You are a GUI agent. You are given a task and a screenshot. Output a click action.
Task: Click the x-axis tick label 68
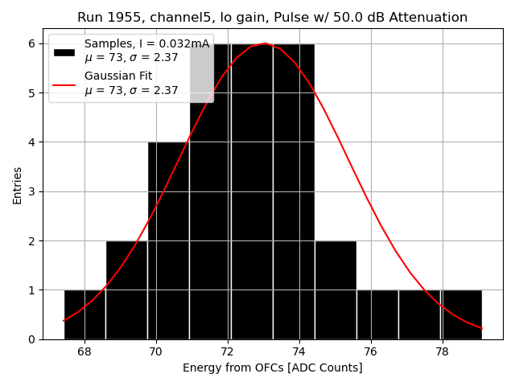click(84, 351)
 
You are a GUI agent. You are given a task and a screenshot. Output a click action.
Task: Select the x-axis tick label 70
click(155, 351)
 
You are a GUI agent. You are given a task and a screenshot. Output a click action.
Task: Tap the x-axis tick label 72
click(227, 351)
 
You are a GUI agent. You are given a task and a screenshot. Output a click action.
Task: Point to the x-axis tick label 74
click(299, 351)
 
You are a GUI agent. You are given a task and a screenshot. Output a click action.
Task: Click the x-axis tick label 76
click(370, 351)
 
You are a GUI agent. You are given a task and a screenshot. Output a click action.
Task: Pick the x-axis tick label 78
click(442, 351)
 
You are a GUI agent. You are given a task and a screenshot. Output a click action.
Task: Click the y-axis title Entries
click(18, 185)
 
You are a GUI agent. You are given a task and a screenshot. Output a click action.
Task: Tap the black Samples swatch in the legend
click(64, 51)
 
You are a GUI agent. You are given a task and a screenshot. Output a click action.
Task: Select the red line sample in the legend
click(64, 84)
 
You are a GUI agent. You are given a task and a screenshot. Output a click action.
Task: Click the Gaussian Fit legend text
click(118, 76)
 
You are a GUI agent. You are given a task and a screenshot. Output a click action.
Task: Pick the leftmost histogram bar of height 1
click(84, 314)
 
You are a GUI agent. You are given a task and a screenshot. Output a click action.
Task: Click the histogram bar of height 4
click(168, 241)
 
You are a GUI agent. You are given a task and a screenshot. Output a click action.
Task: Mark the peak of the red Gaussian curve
click(265, 43)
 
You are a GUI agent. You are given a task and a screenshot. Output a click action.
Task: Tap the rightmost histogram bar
click(461, 314)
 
